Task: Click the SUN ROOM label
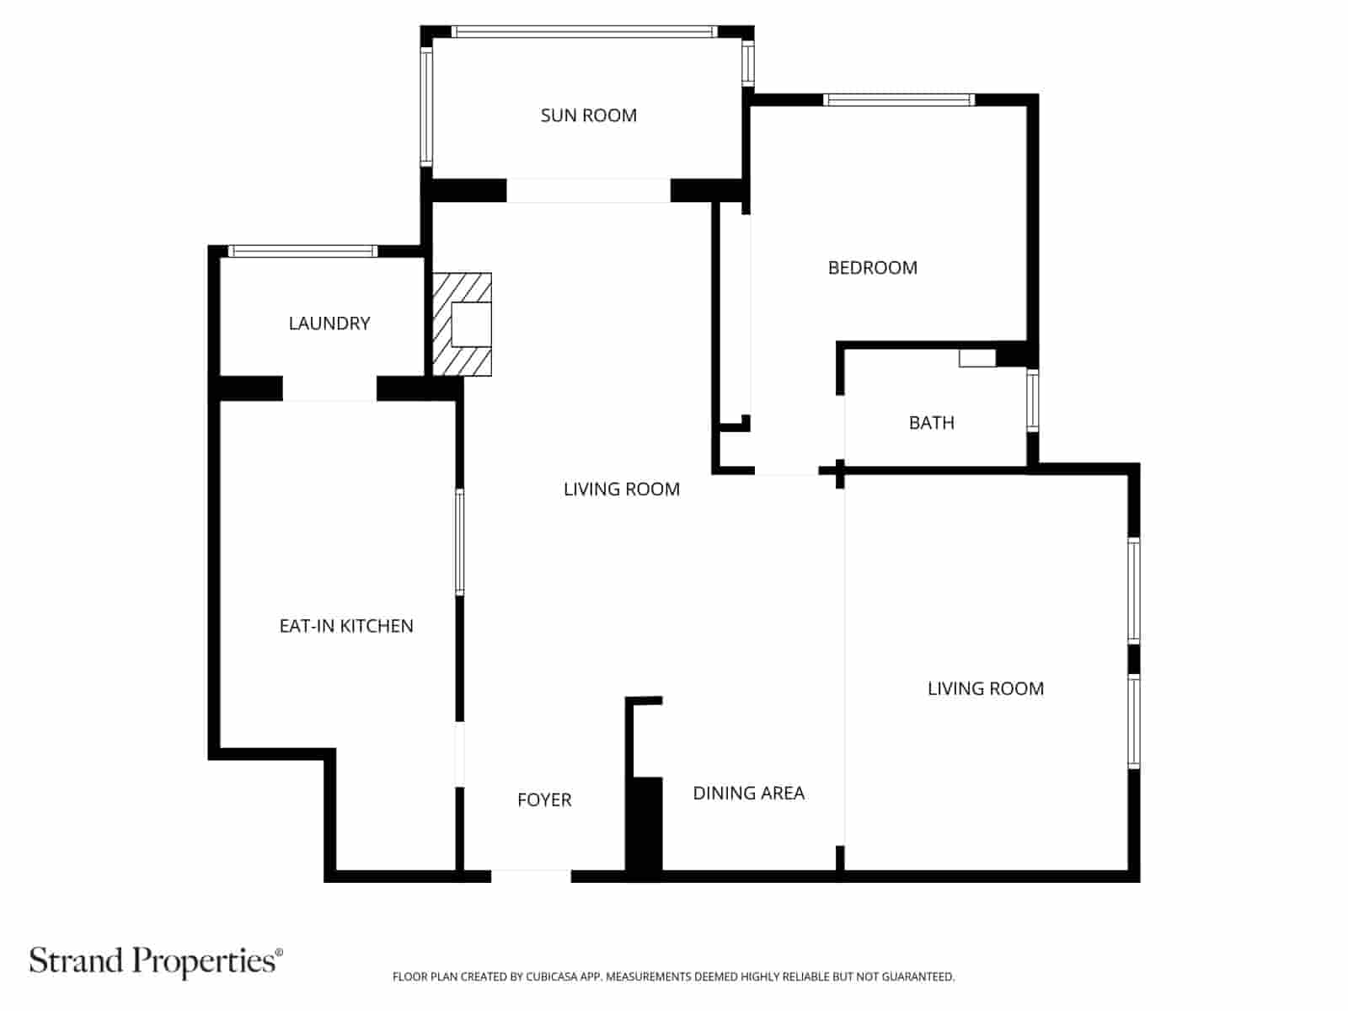[588, 115]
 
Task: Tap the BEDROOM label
[872, 268]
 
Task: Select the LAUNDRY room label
[329, 324]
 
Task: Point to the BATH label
[931, 423]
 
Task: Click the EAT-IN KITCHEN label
[346, 626]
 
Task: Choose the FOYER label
[544, 800]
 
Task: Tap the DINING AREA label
[748, 793]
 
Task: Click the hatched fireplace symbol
[462, 324]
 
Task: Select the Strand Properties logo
[156, 960]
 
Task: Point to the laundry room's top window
[303, 251]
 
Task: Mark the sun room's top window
[584, 32]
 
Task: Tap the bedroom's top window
[899, 100]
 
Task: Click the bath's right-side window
[1032, 401]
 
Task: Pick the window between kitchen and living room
[459, 543]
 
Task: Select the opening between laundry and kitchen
[329, 389]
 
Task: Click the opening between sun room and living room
[588, 190]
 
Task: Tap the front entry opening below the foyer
[531, 876]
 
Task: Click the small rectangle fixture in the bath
[977, 358]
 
